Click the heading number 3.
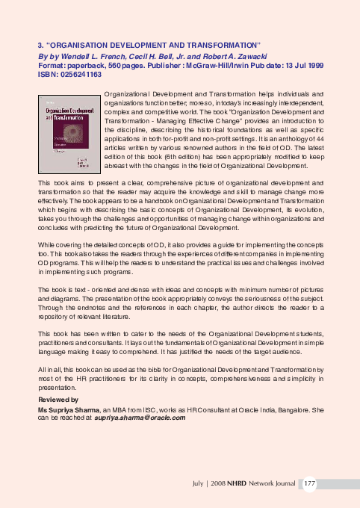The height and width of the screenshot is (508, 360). coord(40,45)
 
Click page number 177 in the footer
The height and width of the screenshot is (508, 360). coord(309,485)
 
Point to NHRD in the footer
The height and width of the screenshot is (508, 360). coord(238,485)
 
